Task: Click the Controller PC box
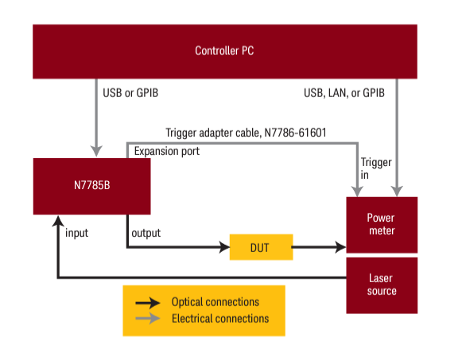tap(225, 52)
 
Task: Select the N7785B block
tap(92, 186)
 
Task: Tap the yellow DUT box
tap(262, 247)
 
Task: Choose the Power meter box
tap(382, 225)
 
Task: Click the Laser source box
tap(382, 285)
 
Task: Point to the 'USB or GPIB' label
tap(130, 93)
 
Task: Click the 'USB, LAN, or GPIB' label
tap(344, 93)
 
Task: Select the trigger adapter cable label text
tap(246, 133)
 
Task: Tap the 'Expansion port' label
tap(167, 151)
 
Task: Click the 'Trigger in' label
tap(376, 168)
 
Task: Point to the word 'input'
tap(76, 233)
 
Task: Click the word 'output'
tap(146, 233)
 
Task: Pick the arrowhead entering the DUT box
tap(224, 247)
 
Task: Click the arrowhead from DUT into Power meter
tap(341, 247)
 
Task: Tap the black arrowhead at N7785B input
tap(58, 221)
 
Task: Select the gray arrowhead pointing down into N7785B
tap(96, 151)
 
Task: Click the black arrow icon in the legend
tap(148, 303)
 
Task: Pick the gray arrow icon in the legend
tap(148, 319)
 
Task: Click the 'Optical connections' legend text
tap(215, 302)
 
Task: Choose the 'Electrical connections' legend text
tap(220, 319)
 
